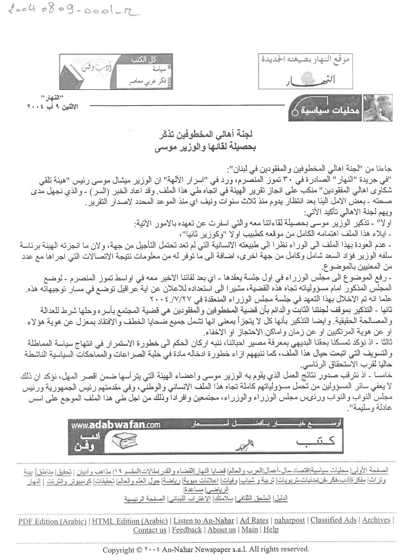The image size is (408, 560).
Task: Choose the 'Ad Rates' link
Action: [254, 520]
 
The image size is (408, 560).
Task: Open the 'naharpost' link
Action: [290, 520]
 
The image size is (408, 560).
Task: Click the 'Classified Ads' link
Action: [333, 520]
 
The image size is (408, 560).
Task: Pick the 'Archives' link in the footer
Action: [376, 520]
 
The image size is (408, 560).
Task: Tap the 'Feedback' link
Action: [187, 530]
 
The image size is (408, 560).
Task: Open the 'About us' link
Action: [221, 530]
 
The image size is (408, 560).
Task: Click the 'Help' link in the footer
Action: [271, 530]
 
